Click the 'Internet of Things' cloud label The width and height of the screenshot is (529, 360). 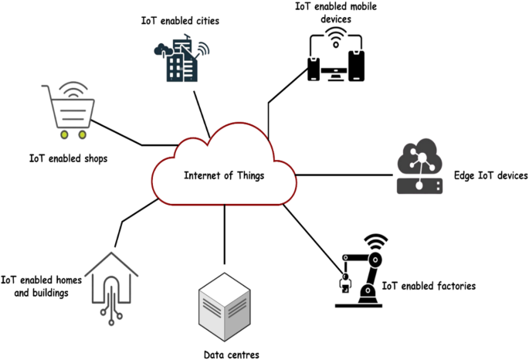click(x=223, y=175)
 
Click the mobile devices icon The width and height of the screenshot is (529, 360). click(x=334, y=58)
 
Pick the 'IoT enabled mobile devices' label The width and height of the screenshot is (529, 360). click(x=335, y=12)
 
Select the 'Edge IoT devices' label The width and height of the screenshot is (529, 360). click(x=489, y=176)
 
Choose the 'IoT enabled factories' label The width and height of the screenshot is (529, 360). click(x=429, y=286)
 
